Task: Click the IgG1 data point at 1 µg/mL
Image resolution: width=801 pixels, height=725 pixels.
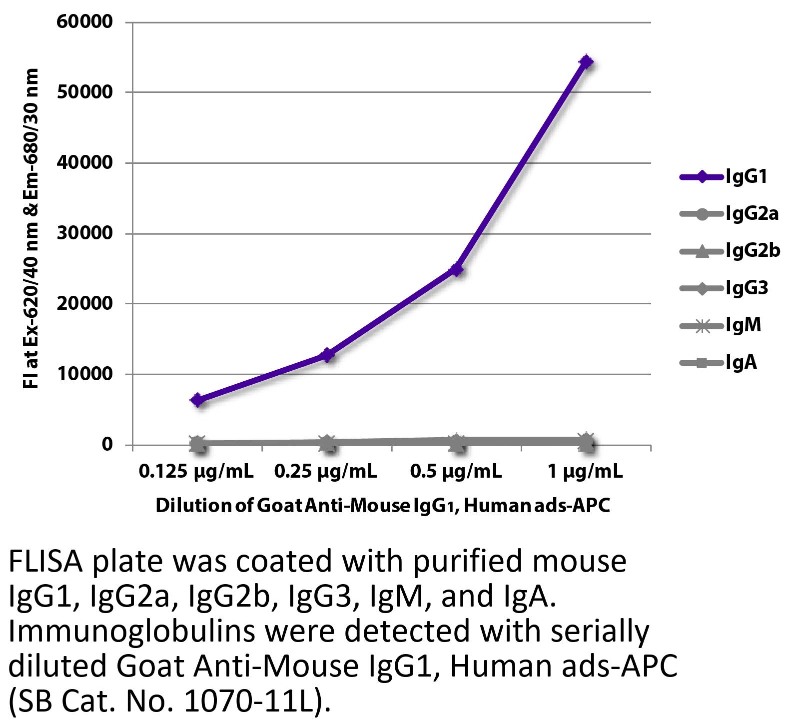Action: (586, 62)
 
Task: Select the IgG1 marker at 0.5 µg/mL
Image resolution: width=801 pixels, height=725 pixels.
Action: (456, 270)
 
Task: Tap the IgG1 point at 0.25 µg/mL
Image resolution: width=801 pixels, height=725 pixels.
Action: (327, 355)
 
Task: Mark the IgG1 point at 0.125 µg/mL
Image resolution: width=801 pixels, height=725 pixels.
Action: (197, 400)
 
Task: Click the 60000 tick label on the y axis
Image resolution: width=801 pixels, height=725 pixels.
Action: (84, 22)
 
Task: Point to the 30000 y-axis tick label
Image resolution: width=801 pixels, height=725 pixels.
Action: (84, 233)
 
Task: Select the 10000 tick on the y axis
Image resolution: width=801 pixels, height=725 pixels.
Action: (84, 374)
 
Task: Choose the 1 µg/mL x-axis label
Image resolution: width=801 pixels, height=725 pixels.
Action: (585, 472)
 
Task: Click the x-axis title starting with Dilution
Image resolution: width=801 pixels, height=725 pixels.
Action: (383, 506)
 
